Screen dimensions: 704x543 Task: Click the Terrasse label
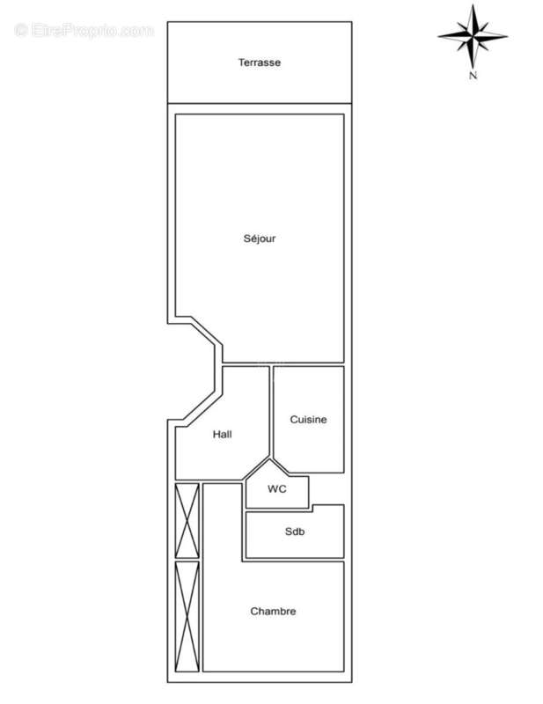pyautogui.click(x=259, y=62)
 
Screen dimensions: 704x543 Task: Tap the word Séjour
pyautogui.click(x=260, y=238)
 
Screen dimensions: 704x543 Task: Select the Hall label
pyautogui.click(x=222, y=434)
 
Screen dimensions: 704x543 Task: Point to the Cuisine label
pyautogui.click(x=308, y=420)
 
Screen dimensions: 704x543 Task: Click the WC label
pyautogui.click(x=277, y=488)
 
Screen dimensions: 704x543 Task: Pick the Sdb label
pyautogui.click(x=294, y=532)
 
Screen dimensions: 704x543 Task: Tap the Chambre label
pyautogui.click(x=273, y=612)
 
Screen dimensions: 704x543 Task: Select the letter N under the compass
pyautogui.click(x=473, y=77)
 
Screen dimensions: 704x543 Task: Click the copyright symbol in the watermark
pyautogui.click(x=22, y=31)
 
